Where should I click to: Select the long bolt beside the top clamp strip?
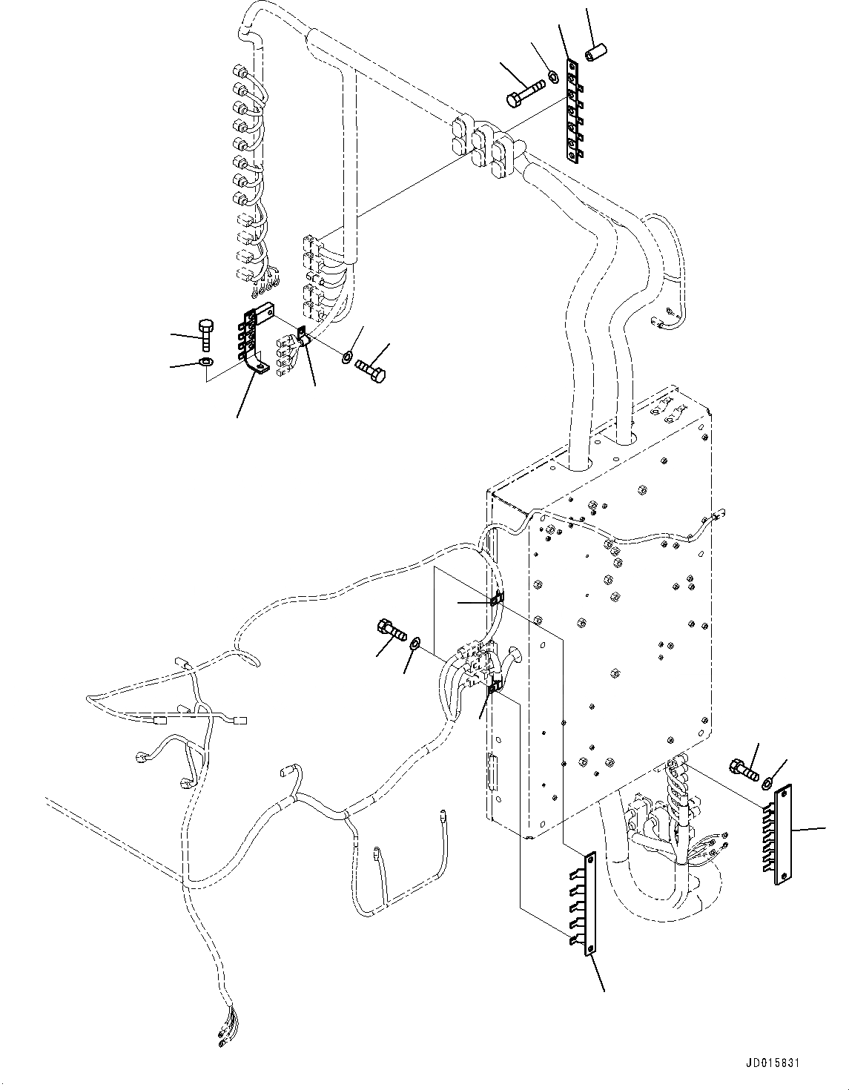(x=524, y=93)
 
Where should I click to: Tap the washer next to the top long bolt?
(x=552, y=75)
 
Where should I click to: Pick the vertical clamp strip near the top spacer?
(x=572, y=111)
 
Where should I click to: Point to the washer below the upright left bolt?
(x=205, y=362)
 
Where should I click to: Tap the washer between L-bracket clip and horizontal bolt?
(x=347, y=358)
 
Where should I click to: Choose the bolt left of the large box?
(x=392, y=631)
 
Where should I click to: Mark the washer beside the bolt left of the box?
(x=416, y=641)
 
